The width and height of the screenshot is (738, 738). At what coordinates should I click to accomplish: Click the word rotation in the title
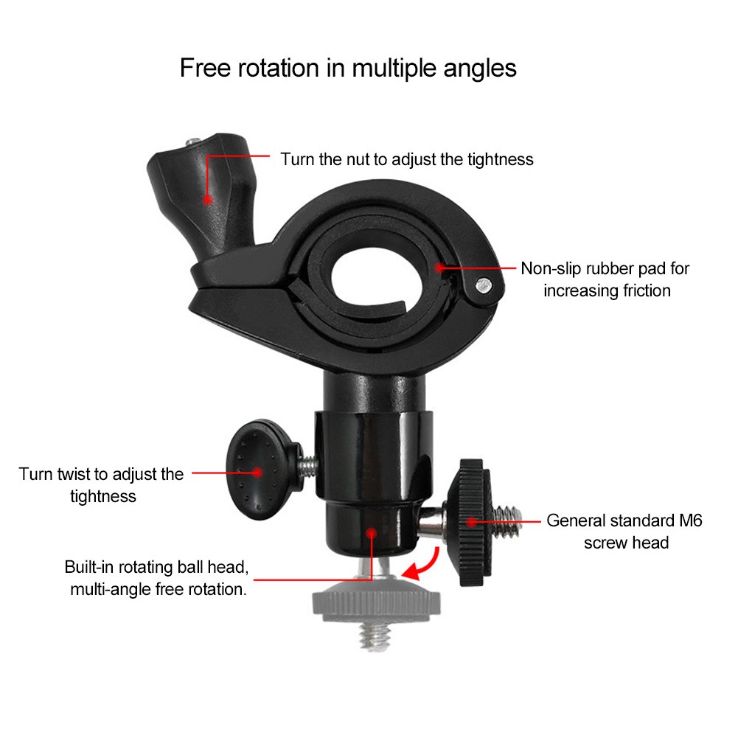point(279,68)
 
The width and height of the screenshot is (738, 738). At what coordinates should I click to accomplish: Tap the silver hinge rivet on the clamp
point(484,285)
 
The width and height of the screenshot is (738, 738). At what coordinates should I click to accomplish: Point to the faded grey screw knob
point(377,608)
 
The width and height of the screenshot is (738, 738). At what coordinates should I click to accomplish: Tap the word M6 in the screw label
point(691,521)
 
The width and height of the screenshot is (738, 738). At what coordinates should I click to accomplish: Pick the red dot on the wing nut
point(208,200)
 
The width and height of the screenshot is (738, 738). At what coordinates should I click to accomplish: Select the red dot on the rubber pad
point(439,268)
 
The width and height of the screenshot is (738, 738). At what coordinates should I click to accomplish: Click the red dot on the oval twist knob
point(257,472)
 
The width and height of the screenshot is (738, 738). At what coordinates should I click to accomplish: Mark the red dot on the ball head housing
point(372,533)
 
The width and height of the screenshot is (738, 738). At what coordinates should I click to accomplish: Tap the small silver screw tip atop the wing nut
point(193,142)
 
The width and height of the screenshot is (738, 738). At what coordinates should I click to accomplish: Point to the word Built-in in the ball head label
point(89,567)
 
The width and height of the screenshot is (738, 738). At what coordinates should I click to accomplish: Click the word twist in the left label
point(75,474)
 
